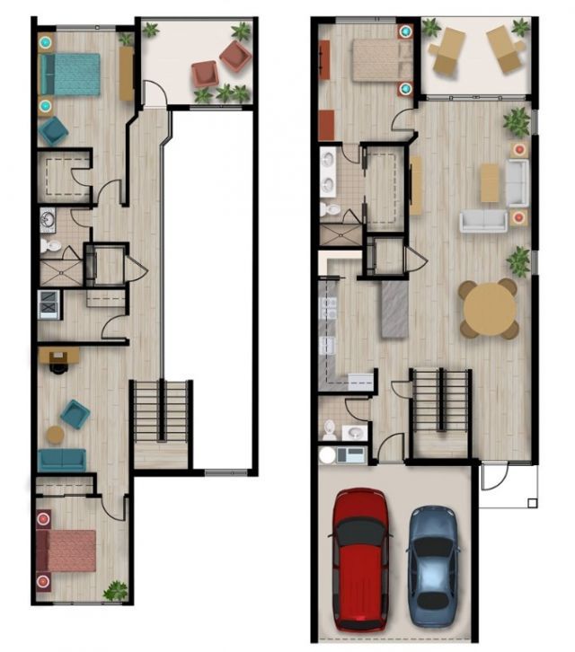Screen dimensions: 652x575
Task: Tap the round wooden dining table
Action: [x=489, y=309]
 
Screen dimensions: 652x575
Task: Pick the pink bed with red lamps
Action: [x=66, y=550]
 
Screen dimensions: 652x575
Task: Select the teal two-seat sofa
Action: [x=62, y=460]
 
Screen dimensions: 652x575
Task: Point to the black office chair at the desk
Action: [x=59, y=365]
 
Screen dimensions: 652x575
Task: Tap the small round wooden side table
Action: [x=55, y=435]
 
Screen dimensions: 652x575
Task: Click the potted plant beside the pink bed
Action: [x=115, y=591]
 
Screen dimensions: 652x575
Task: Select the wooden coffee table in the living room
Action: [x=490, y=182]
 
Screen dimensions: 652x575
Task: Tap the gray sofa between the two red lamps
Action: [x=517, y=183]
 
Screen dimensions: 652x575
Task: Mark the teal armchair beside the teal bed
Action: [x=53, y=131]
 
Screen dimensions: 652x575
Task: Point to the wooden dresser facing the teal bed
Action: [x=126, y=74]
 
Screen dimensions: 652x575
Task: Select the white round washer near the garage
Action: [x=328, y=455]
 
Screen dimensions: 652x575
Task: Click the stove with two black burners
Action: [x=47, y=305]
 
